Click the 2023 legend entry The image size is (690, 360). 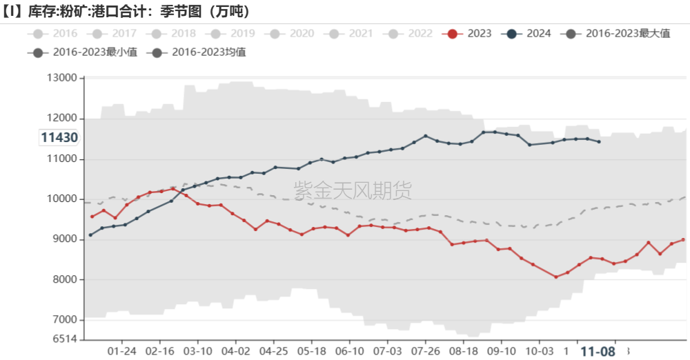pos(469,33)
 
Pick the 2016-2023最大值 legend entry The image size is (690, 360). pos(616,33)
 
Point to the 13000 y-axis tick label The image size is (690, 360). pos(61,78)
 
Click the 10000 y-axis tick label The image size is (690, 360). pos(61,199)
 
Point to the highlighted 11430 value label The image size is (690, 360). pos(59,138)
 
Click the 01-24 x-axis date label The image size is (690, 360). pos(122,350)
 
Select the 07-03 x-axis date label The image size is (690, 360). pos(387,350)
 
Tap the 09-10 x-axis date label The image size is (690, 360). pos(502,350)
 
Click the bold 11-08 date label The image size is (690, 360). pos(598,351)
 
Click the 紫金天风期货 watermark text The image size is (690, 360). pos(353,190)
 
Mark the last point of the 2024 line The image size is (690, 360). pos(598,141)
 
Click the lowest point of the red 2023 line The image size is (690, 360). pos(556,277)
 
